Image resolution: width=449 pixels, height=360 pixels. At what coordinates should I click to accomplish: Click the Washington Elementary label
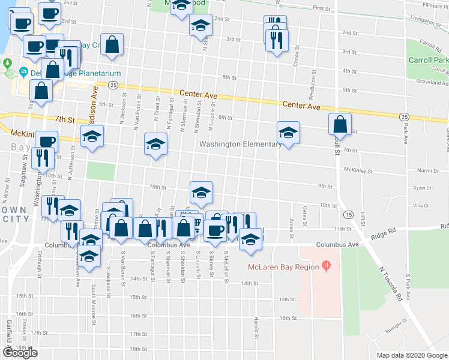[240, 144]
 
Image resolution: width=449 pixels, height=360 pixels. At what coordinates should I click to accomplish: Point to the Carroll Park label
[429, 61]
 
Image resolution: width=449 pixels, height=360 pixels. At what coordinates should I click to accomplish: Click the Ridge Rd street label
[384, 232]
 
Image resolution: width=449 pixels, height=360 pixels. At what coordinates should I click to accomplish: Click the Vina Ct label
[418, 205]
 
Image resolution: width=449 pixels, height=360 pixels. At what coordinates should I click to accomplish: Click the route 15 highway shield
[348, 214]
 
